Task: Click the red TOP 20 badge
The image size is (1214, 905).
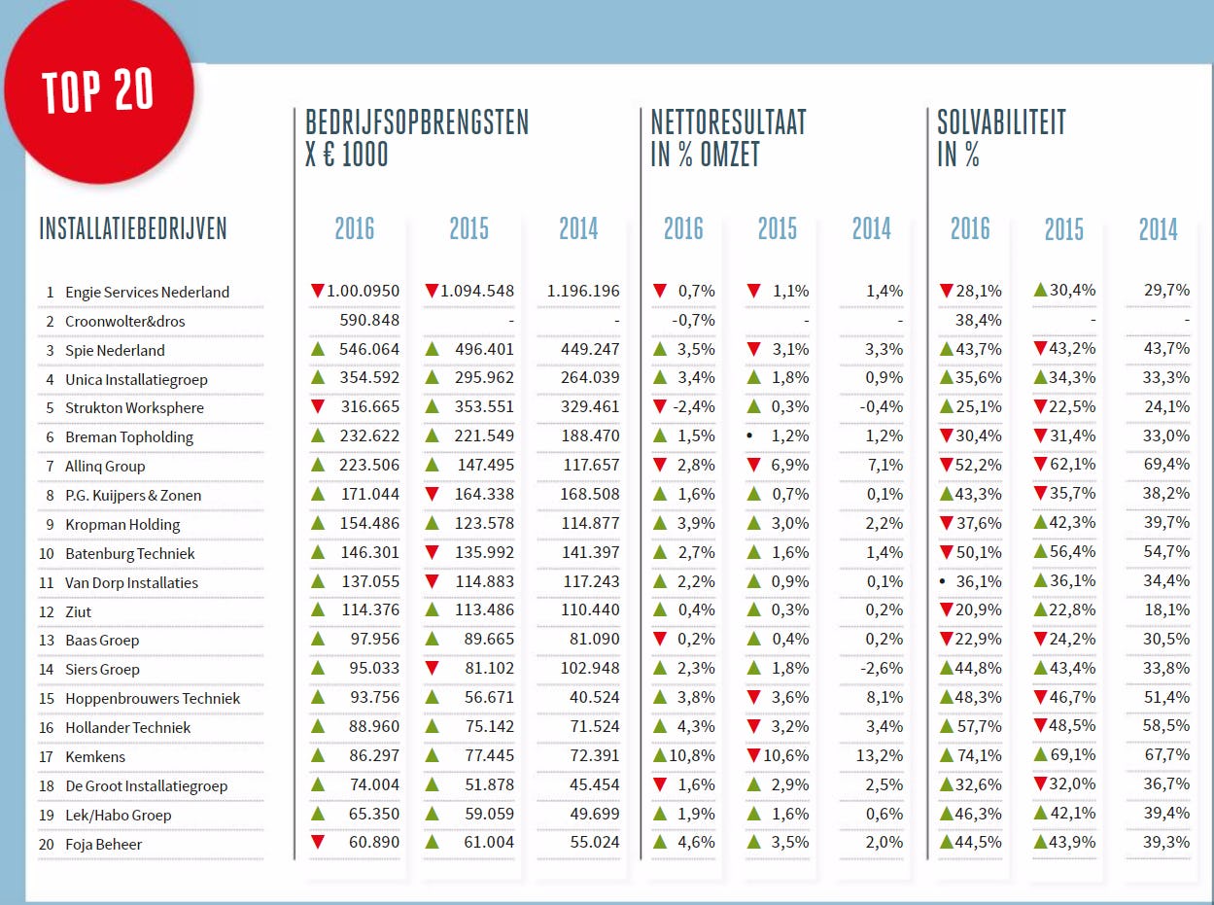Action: [98, 90]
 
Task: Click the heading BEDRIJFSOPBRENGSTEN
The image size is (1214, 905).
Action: [417, 122]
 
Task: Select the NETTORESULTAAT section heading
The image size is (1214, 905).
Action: [728, 122]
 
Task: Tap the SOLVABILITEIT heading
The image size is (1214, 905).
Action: [1001, 122]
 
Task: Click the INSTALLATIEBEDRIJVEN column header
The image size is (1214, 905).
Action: [133, 229]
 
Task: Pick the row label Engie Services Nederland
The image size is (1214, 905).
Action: [147, 292]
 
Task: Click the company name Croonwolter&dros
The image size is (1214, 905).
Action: [124, 321]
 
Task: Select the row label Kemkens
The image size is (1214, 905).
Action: [95, 756]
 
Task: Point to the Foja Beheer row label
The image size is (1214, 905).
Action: [103, 844]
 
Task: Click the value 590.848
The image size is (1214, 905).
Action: [369, 320]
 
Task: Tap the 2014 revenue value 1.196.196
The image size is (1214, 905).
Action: [583, 291]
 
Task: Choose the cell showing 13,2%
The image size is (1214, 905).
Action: [884, 755]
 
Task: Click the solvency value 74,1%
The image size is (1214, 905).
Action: [980, 755]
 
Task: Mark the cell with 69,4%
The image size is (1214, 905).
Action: [1166, 465]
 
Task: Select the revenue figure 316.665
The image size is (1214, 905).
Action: [369, 406]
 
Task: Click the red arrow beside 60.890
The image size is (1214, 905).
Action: [317, 842]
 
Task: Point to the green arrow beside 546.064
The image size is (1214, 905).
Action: [317, 348]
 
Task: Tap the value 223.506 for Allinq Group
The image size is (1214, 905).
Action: [369, 465]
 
